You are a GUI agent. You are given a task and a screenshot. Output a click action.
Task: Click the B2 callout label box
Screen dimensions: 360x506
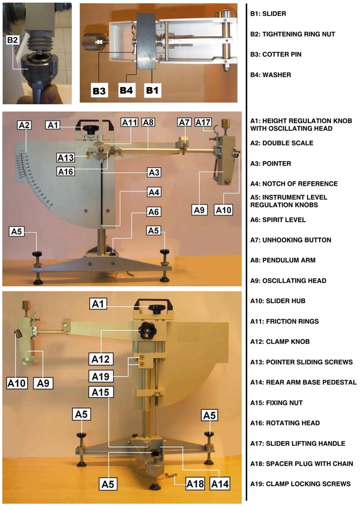12,40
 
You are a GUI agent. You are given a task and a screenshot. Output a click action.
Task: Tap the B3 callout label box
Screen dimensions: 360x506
99,91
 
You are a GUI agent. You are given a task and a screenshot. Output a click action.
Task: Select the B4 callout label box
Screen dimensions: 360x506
126,90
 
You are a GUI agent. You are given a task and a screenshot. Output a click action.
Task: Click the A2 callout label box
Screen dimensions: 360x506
25,125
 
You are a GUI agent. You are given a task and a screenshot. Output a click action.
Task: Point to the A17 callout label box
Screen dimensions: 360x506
203,122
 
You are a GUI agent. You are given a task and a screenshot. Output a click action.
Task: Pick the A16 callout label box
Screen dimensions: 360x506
66,171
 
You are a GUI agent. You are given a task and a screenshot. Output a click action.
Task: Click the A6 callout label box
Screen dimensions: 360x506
153,212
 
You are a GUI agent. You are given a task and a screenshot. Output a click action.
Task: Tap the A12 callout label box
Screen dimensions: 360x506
101,359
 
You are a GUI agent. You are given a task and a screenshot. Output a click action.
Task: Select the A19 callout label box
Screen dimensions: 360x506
101,376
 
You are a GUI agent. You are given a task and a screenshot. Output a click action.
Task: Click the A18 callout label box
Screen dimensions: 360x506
195,484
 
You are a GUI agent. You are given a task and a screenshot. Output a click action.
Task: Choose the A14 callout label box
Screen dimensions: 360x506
220,484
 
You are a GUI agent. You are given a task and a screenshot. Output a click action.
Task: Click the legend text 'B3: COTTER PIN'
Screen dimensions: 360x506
276,54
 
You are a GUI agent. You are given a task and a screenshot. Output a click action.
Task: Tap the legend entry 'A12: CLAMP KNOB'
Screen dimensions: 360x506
280,341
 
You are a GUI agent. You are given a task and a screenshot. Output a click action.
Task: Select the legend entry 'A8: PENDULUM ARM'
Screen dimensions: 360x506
283,260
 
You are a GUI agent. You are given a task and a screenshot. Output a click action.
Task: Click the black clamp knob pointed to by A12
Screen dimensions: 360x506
148,331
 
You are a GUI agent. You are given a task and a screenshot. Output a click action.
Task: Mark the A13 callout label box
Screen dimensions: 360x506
66,158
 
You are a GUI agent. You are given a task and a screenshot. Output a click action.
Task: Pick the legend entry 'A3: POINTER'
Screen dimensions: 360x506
270,164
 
